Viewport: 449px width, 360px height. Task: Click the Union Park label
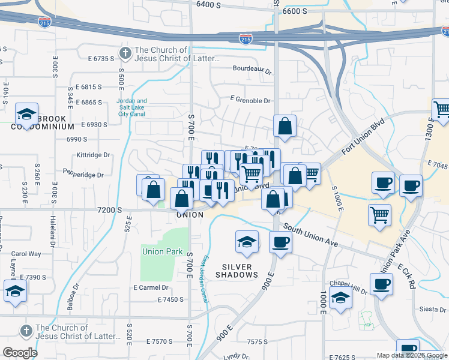click(x=162, y=251)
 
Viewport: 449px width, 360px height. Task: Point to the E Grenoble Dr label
click(x=250, y=101)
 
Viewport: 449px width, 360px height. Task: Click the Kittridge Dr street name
click(x=94, y=155)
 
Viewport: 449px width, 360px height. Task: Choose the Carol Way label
click(x=26, y=254)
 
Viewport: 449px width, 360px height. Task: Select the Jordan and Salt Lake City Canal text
click(x=132, y=107)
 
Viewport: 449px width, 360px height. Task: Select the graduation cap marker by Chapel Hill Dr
click(x=340, y=298)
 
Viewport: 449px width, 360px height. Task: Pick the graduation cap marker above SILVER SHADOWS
click(x=247, y=242)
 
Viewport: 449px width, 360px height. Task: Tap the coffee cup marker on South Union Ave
click(x=280, y=242)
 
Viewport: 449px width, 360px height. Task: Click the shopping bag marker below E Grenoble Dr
click(x=285, y=127)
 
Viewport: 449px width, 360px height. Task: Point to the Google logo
click(x=20, y=353)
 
